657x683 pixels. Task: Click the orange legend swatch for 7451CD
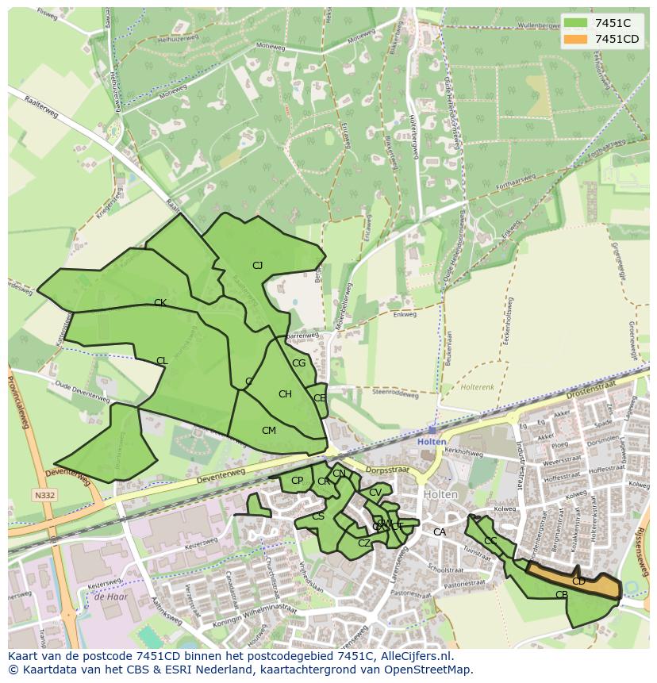click(x=577, y=39)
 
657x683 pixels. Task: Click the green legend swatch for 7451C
click(x=577, y=23)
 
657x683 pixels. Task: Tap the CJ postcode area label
click(x=257, y=266)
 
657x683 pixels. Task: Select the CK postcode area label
click(x=160, y=303)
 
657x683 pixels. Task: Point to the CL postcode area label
click(x=162, y=361)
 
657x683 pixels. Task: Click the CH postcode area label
click(x=285, y=394)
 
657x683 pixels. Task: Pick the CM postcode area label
click(x=269, y=431)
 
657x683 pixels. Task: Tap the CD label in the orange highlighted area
click(x=578, y=581)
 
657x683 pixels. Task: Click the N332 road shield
click(x=44, y=496)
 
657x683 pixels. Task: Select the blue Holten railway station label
click(x=432, y=442)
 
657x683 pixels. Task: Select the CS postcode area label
click(x=318, y=516)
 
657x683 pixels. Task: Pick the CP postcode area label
click(x=297, y=481)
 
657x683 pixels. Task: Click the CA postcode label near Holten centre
click(x=439, y=532)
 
